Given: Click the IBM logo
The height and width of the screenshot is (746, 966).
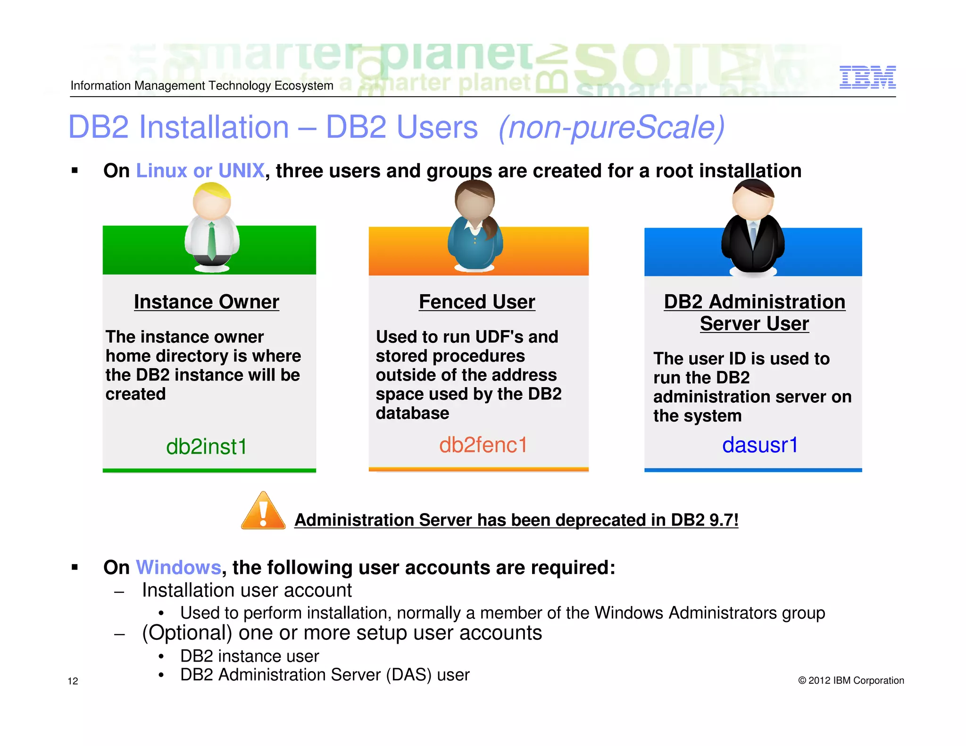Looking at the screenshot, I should coord(867,77).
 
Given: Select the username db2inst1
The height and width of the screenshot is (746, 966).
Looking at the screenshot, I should coord(207,447).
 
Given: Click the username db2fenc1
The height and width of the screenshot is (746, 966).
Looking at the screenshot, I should coord(483,445).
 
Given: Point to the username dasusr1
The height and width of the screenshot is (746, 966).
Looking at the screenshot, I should coord(760,445).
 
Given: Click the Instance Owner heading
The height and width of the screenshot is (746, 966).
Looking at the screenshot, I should coord(207,302).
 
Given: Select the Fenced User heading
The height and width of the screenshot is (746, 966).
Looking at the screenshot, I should coord(477,302).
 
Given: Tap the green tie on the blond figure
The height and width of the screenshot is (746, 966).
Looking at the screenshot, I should coord(212,240).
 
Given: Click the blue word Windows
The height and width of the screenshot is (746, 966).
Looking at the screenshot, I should coord(178,567).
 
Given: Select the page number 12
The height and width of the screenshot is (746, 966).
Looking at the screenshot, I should coord(73,681).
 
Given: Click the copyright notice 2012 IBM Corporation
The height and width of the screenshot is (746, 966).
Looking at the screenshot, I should coord(851,680).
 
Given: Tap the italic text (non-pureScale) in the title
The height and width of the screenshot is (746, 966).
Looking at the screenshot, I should coord(611,127).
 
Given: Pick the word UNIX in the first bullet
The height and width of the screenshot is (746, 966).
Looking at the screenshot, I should coord(241,171).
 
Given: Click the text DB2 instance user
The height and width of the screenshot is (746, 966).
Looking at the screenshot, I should coord(250,656).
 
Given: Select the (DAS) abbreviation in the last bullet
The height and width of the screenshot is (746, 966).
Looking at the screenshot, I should coord(408,675).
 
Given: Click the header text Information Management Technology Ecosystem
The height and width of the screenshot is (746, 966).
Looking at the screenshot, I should coord(202,85).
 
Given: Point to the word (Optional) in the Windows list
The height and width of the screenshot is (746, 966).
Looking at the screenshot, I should coord(187,633).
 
